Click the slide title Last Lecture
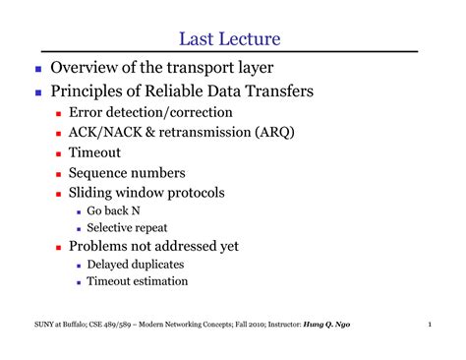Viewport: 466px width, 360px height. coord(230,39)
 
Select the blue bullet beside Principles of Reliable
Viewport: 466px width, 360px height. coord(38,92)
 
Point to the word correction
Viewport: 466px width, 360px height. coord(202,112)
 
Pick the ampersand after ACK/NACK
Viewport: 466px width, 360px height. coord(149,132)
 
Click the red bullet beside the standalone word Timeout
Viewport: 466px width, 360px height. coord(59,153)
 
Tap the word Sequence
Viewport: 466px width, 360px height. coord(94,173)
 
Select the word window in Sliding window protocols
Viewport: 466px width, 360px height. coord(140,193)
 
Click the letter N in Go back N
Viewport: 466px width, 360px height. coord(136,210)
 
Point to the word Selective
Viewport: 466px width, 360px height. coord(105,227)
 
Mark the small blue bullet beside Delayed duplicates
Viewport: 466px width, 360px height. coord(79,266)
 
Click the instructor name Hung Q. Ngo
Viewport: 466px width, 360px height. coord(326,325)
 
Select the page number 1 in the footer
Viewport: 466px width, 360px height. coord(430,325)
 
